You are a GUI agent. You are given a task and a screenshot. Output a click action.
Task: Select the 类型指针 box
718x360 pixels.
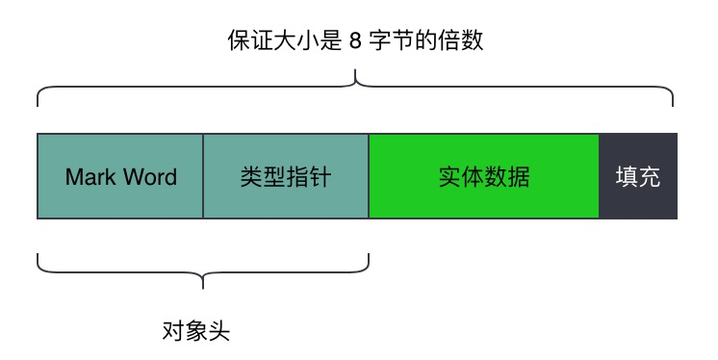point(286,177)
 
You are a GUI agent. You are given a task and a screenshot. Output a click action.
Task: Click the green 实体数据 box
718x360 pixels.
point(484,177)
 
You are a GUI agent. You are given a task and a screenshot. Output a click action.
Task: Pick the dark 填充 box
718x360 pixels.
point(638,177)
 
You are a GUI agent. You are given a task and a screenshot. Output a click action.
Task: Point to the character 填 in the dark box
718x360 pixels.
point(627,177)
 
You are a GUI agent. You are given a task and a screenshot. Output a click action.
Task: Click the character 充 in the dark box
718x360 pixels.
point(650,177)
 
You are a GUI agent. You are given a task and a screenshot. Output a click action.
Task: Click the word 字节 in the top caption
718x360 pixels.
point(391,42)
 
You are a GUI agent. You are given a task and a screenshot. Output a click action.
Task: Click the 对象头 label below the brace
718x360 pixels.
point(197,332)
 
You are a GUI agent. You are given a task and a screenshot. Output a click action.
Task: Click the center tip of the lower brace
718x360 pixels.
point(203,286)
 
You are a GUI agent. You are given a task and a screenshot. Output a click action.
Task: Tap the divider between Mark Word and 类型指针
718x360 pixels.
point(203,177)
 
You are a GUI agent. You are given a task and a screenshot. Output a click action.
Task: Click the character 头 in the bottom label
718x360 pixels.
point(220,332)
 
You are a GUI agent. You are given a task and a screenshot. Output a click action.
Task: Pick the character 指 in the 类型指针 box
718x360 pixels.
point(297,177)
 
